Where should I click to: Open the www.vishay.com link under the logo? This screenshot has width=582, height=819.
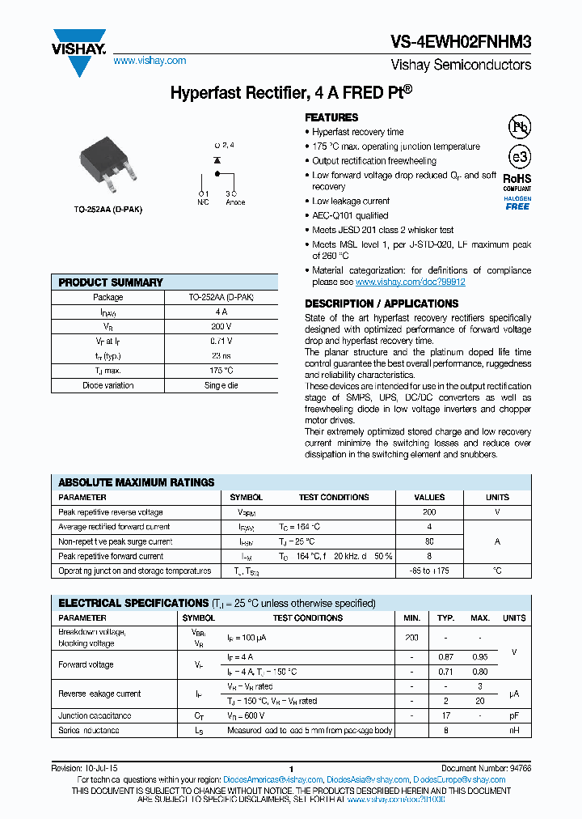click(150, 61)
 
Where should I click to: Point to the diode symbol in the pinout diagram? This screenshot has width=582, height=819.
click(217, 161)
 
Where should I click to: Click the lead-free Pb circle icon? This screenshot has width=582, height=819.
click(518, 127)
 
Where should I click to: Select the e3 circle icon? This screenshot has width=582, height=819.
click(518, 157)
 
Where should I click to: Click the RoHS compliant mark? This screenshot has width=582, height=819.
click(517, 181)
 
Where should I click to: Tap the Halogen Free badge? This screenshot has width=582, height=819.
click(517, 203)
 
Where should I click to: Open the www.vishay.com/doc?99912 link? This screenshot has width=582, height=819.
click(410, 282)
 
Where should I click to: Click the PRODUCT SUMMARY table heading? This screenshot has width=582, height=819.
click(111, 282)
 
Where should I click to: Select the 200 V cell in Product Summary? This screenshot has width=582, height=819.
click(221, 326)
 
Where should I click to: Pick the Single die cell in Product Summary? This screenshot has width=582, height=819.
click(221, 385)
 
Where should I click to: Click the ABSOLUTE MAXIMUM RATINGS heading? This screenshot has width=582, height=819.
click(137, 482)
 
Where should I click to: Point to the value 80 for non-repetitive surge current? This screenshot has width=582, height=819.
click(429, 541)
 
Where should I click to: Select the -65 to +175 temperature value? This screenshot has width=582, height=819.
click(429, 571)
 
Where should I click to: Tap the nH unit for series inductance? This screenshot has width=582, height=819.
click(514, 730)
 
